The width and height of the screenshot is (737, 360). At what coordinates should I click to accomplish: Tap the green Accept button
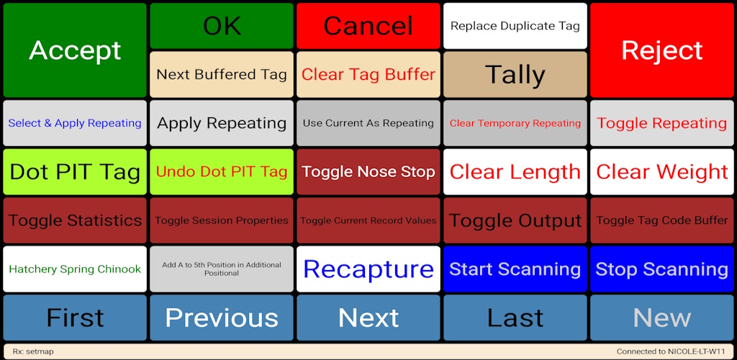click(75, 50)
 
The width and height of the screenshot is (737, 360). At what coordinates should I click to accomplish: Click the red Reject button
click(662, 50)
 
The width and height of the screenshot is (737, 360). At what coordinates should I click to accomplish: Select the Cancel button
click(368, 26)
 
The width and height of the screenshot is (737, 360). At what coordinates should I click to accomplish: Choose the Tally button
click(515, 75)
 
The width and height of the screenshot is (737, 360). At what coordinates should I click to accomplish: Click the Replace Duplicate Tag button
click(515, 26)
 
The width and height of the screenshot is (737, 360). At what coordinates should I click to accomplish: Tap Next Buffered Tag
click(222, 75)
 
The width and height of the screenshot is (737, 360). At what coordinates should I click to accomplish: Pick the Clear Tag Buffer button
click(368, 75)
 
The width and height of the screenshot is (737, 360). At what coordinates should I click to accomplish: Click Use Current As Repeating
click(368, 123)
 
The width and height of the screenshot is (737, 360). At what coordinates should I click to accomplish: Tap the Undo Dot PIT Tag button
click(222, 171)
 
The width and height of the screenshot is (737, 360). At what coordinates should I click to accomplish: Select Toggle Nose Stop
click(368, 171)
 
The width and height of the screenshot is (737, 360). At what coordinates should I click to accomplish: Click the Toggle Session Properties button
click(222, 220)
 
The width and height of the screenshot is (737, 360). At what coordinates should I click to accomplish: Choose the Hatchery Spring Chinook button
click(75, 269)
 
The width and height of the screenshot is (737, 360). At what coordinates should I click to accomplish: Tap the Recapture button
click(368, 269)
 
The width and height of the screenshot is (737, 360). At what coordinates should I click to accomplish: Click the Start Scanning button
click(515, 269)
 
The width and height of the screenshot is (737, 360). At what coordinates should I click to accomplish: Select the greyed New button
click(662, 318)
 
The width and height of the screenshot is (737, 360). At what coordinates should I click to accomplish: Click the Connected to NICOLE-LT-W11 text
click(671, 351)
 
